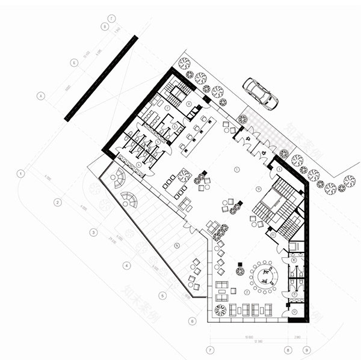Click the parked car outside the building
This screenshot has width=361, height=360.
tap(260, 94)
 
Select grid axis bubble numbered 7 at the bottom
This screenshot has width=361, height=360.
tap(210, 349)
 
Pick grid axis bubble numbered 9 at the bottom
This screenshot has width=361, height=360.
tap(307, 349)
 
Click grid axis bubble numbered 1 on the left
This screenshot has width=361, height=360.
tap(21, 174)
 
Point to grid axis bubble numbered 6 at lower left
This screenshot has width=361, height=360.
tap(191, 321)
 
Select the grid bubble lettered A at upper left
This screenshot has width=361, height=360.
tap(41, 96)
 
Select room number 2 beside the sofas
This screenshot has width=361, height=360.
tap(247, 291)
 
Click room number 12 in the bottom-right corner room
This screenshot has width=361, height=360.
tap(294, 312)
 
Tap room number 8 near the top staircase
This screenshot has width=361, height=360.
tap(188, 104)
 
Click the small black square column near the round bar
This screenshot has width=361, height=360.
tap(239, 263)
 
